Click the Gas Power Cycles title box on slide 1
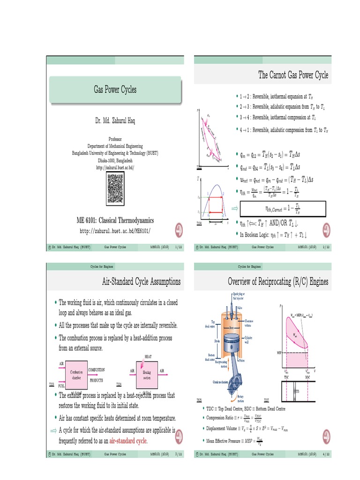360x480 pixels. (x=115, y=90)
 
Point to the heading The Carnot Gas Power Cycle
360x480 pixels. (x=293, y=75)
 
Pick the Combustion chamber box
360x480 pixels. (x=76, y=374)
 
